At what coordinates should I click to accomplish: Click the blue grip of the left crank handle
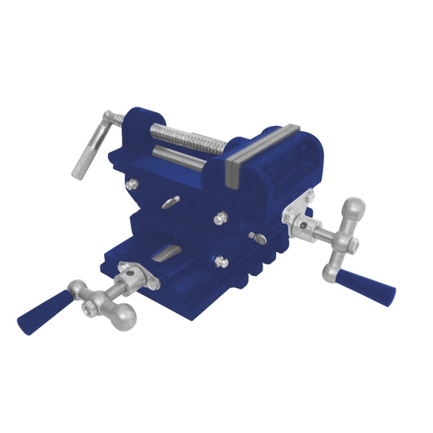38,312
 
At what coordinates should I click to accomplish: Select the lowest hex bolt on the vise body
219,261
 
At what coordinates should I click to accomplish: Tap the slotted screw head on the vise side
258,239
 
